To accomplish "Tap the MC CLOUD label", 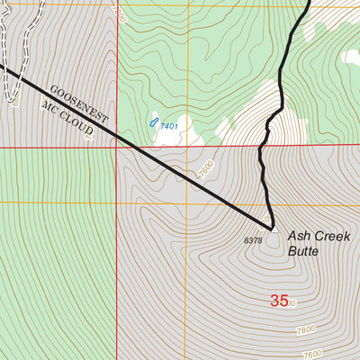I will click(68, 118).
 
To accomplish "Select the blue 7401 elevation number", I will click(168, 126).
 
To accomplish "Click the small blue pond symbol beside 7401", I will click(154, 121).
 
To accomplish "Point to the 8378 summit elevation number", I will click(253, 240).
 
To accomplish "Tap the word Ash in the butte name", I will click(299, 236).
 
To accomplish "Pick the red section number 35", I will click(280, 301).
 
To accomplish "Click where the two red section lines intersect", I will click(117, 145).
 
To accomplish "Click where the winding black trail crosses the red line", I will click(266, 143).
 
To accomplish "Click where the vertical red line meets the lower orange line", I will click(117, 202).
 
